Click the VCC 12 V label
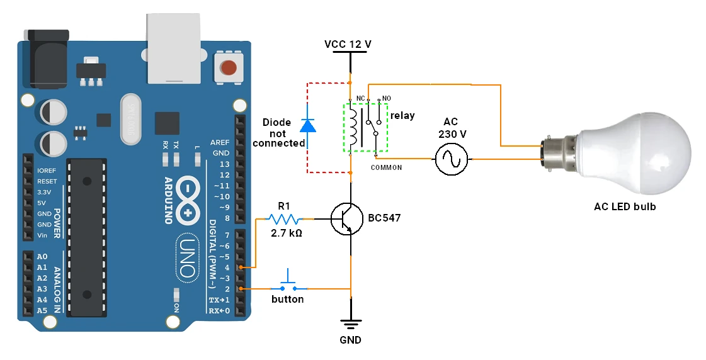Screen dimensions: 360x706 pos(348,45)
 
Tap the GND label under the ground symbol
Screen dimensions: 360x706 pos(350,340)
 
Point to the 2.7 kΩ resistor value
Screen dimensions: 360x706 pos(287,233)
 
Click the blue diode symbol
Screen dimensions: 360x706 pos(307,125)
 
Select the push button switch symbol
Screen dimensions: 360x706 pos(288,284)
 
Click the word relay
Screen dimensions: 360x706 pos(402,116)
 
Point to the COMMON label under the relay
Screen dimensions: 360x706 pos(386,168)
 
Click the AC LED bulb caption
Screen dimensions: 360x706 pos(625,206)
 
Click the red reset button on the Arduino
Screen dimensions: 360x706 pos(229,67)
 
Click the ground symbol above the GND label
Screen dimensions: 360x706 pos(350,325)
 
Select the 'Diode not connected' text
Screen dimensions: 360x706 pos(278,133)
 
